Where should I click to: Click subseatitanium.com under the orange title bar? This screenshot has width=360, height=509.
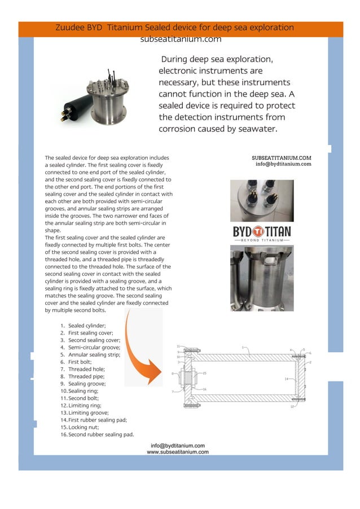pos(181,40)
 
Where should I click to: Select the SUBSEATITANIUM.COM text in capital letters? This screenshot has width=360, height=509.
pos(281,158)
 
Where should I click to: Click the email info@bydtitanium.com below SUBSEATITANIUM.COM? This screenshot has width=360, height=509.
pos(283,164)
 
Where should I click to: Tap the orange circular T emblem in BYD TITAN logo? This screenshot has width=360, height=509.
pos(258,231)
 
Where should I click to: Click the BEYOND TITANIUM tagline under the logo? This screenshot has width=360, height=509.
pos(261,240)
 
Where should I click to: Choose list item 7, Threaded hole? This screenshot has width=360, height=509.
pos(86,369)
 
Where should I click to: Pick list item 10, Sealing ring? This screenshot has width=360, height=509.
pos(83,390)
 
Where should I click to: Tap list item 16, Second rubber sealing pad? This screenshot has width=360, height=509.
pos(100,435)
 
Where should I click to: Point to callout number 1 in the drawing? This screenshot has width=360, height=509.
pos(243,348)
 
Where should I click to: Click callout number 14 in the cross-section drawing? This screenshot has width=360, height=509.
pos(286,379)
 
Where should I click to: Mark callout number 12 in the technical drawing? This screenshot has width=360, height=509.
pos(292,406)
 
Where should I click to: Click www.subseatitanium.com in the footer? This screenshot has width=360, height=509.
pos(178,452)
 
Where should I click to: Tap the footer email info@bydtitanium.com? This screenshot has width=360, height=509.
pos(178,446)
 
